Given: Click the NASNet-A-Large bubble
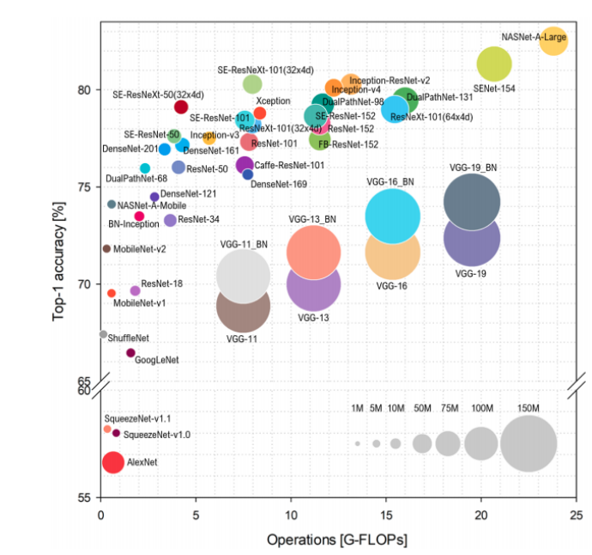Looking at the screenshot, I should coord(553,41).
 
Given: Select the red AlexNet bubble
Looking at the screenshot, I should coord(112,462).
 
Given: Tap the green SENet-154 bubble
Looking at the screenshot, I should coord(493,63).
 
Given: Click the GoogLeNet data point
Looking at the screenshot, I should coord(130,353).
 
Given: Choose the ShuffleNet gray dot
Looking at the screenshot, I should coord(103,334).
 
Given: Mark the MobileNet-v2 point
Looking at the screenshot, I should coord(106,249).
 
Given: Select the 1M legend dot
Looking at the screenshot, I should coord(357,444).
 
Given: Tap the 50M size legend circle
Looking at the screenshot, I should coord(421,443).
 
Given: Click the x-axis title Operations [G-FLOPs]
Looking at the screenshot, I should coord(337,540).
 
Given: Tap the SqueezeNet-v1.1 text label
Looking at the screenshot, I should coord(138,418).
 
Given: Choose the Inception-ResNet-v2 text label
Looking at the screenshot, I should coord(390,80).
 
